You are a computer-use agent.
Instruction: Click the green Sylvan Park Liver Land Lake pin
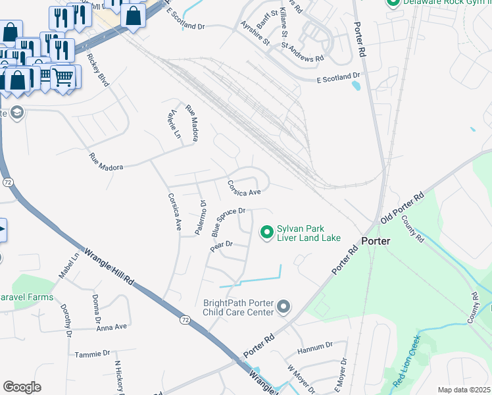267,232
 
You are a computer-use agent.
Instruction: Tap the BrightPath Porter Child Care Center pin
283,307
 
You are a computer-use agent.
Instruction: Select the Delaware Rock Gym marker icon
393,2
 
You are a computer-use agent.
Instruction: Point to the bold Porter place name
376,241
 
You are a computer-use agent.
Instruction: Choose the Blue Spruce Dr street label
228,222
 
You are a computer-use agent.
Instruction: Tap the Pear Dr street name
221,245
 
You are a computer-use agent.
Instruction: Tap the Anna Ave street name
111,327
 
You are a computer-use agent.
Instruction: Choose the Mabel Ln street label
71,265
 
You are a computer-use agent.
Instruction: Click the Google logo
22,386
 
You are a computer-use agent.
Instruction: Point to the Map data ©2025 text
464,390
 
